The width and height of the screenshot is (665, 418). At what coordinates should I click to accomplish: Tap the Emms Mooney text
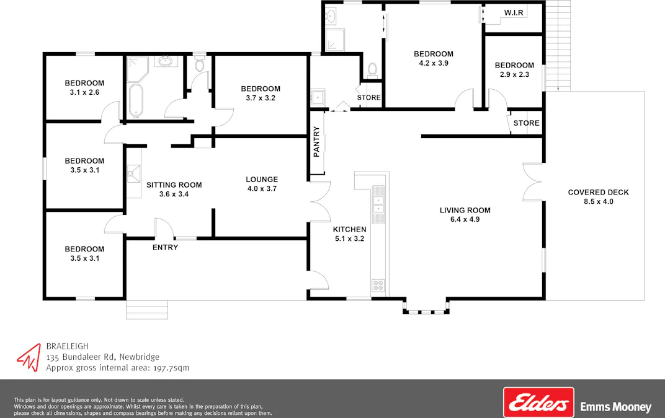(615, 407)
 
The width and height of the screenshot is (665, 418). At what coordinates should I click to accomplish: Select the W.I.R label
(513, 12)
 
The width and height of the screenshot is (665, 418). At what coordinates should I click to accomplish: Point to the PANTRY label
(316, 142)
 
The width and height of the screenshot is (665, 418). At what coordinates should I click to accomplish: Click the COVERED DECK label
(598, 192)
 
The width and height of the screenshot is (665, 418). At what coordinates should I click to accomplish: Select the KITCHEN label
(350, 229)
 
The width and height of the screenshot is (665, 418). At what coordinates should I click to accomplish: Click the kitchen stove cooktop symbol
(378, 285)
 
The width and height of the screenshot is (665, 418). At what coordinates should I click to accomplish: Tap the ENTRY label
(165, 248)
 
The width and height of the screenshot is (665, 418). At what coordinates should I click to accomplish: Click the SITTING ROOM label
(174, 185)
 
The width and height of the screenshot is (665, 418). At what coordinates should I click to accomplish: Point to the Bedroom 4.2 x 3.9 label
(434, 54)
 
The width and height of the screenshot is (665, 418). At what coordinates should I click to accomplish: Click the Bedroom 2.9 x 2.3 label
(514, 65)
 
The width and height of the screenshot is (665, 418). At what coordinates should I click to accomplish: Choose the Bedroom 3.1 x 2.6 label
(84, 83)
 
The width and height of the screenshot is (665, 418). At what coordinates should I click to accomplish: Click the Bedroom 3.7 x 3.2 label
(261, 89)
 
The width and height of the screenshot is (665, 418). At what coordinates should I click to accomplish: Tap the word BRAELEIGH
(66, 346)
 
